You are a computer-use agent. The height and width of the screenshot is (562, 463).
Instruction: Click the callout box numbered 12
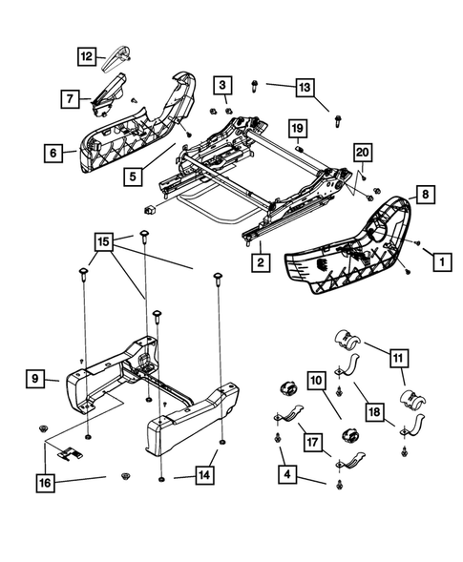87,56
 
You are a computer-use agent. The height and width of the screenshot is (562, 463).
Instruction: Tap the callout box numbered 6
54,152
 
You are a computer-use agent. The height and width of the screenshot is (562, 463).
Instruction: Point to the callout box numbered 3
221,87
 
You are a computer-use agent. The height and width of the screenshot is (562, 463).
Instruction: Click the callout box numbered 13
304,89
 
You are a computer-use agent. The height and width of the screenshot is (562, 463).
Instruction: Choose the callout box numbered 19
297,129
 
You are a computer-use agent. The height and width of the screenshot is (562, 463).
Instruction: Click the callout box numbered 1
441,258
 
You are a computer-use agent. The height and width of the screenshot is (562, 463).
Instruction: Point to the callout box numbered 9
34,380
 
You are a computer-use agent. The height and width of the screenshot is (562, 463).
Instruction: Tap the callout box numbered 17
310,442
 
